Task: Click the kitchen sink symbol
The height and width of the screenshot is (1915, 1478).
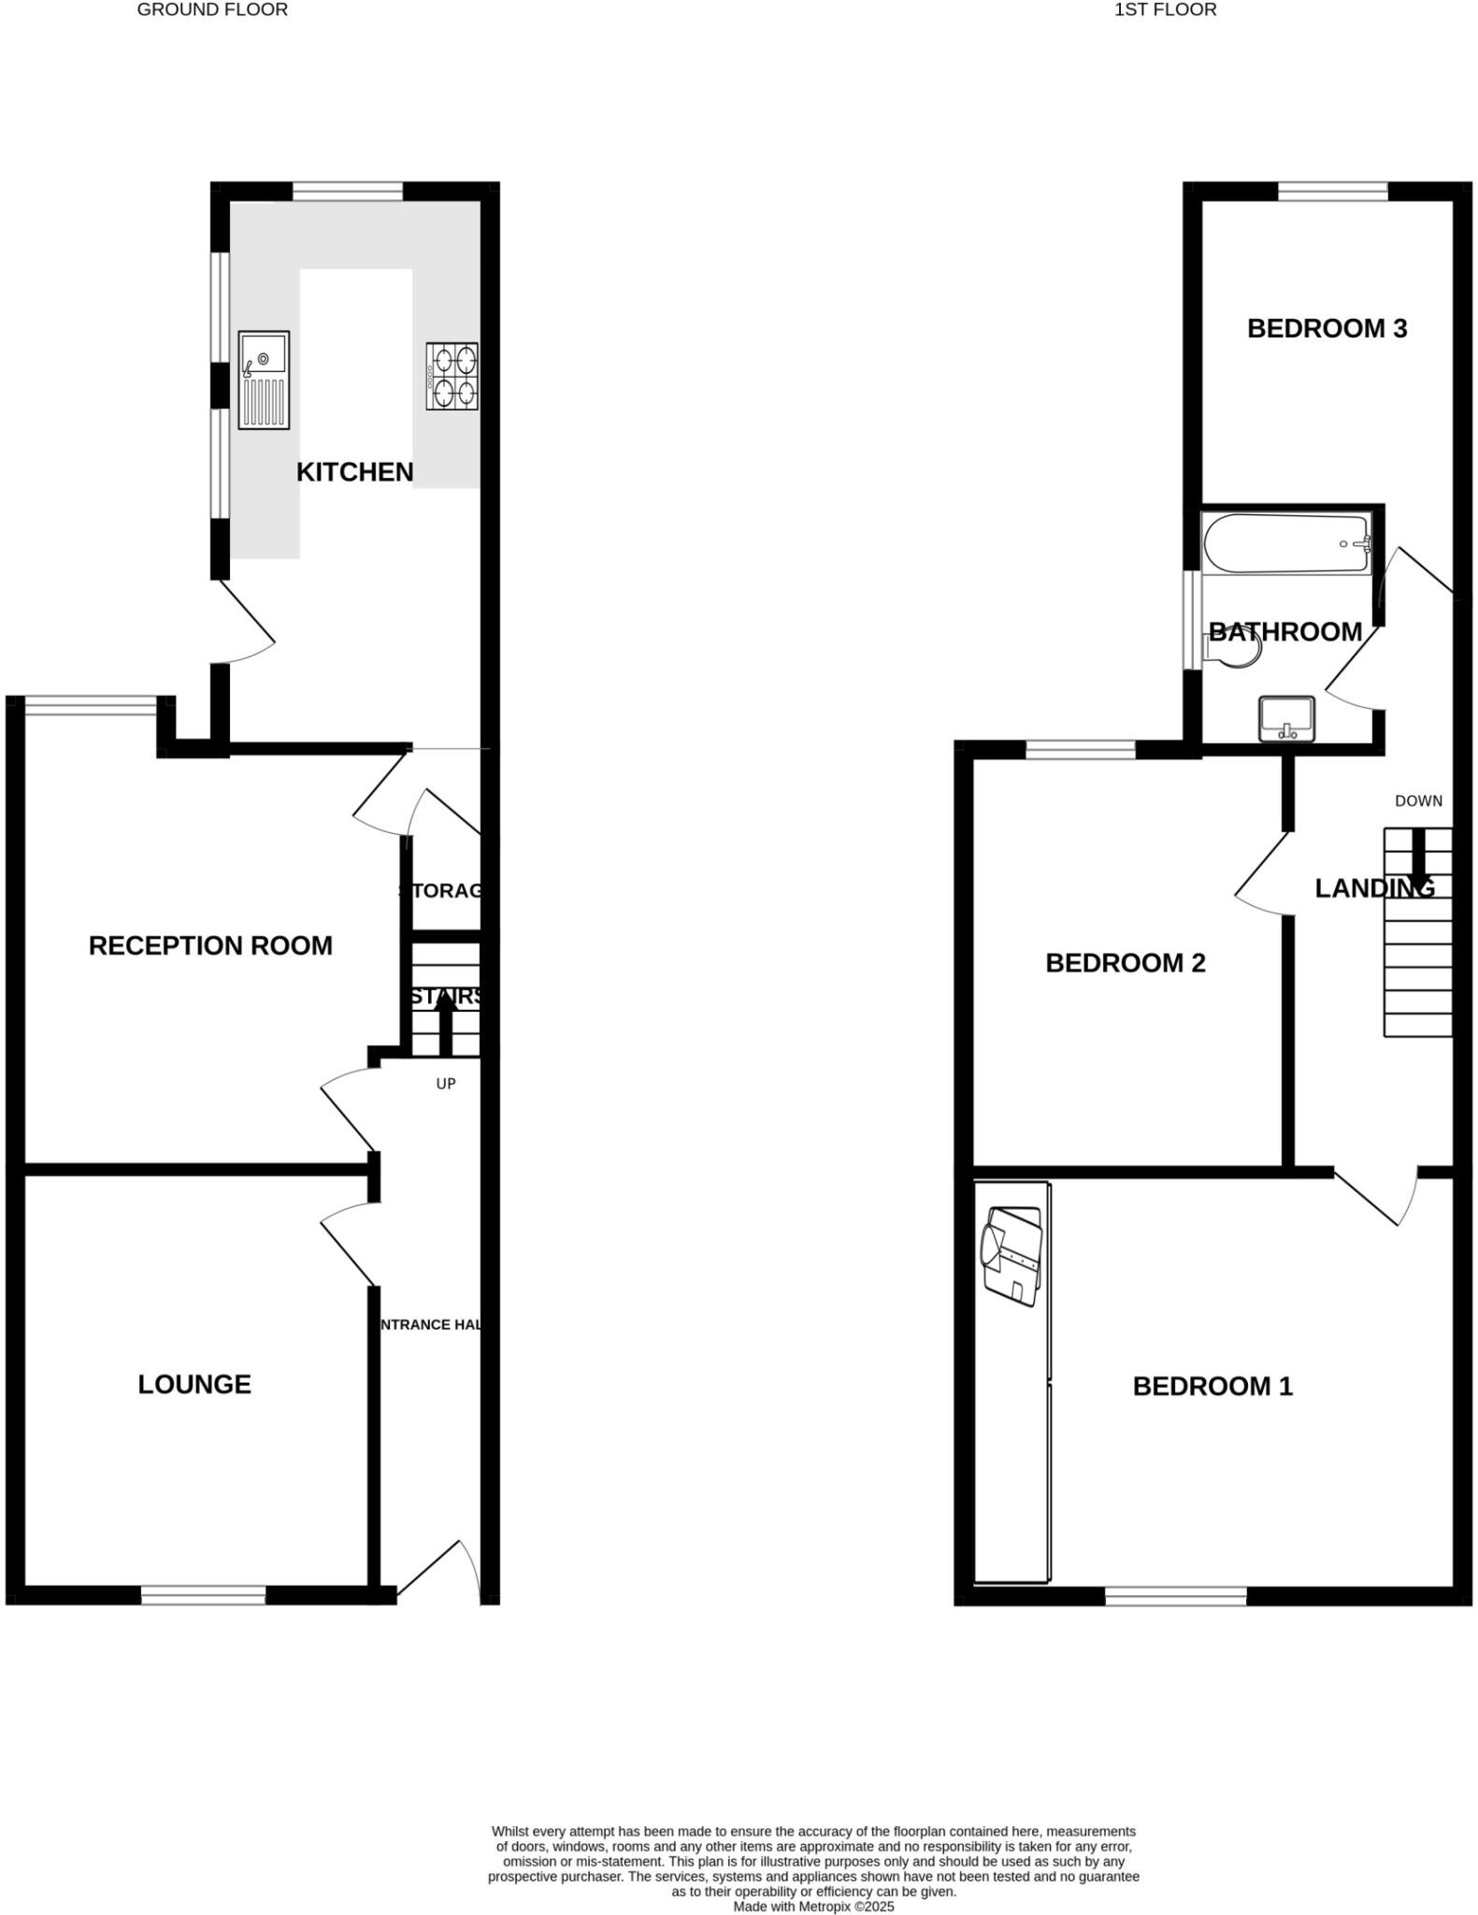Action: pos(264,380)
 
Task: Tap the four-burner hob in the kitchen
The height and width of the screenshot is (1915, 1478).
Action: pos(452,376)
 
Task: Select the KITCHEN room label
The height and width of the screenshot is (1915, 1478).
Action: pos(354,472)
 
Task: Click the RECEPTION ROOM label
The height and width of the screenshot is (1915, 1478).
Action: pos(210,945)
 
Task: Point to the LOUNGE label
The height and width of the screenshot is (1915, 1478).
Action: pos(194,1384)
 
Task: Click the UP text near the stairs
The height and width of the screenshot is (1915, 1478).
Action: pos(446,1084)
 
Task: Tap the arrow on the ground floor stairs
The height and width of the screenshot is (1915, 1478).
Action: pos(446,1020)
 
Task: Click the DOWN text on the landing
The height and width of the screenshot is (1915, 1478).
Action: pos(1418,801)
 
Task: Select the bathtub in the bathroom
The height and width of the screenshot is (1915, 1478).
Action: pos(1286,544)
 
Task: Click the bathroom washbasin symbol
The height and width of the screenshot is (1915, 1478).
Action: pos(1286,718)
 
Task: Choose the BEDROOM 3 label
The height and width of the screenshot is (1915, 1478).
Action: pos(1327,328)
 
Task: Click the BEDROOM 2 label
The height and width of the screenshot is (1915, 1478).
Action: pos(1125,963)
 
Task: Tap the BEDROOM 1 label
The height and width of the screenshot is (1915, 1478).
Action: pos(1213,1386)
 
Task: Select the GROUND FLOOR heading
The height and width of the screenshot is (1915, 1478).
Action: pos(212,10)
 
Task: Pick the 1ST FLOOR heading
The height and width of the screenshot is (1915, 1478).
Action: pos(1165,10)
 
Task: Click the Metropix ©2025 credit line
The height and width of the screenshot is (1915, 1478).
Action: pos(813,1906)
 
